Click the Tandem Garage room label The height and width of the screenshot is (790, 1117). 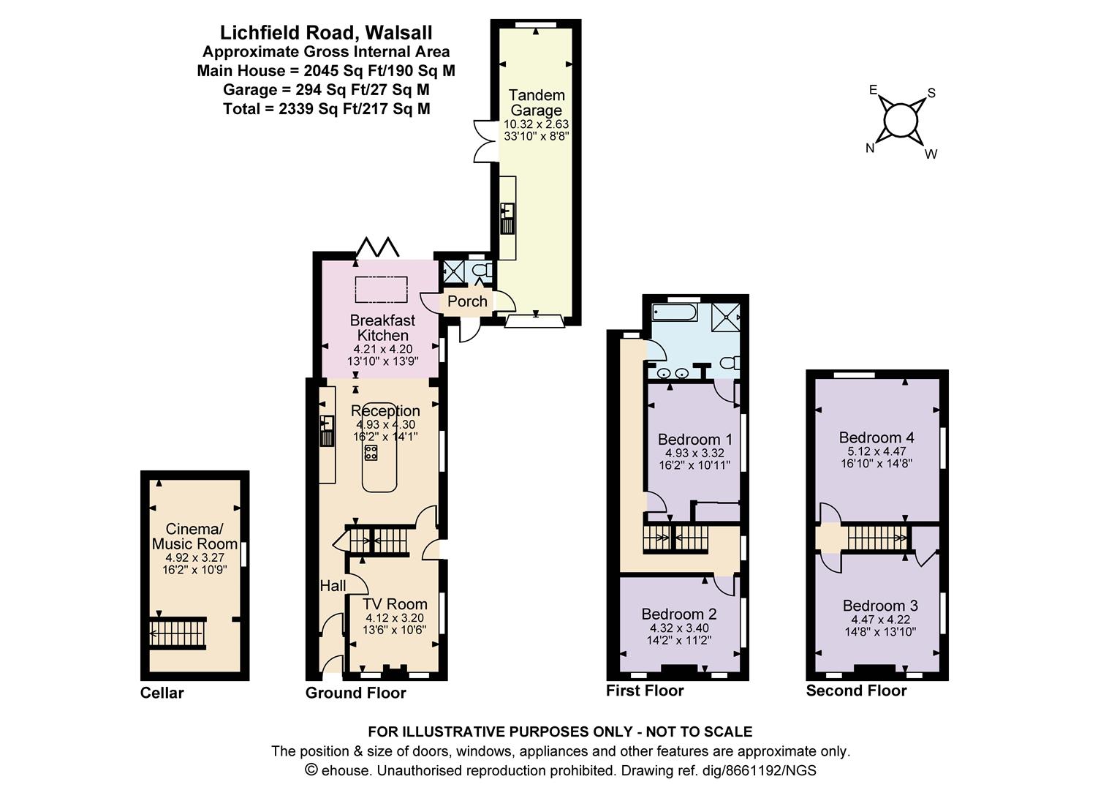[x=536, y=102]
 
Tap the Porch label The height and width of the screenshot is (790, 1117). [x=467, y=301]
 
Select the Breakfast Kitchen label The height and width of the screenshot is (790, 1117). [x=382, y=328]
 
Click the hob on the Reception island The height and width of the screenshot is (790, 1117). [x=371, y=453]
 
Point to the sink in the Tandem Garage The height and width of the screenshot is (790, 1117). [x=507, y=219]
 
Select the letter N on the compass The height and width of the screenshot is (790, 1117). [x=870, y=148]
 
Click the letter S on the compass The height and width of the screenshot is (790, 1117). [x=931, y=94]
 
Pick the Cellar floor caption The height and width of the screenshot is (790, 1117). [x=162, y=693]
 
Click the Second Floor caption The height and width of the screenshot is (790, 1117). [x=856, y=691]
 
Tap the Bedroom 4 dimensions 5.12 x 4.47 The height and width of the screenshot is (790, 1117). [x=876, y=451]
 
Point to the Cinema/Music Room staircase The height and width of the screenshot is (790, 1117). [x=178, y=633]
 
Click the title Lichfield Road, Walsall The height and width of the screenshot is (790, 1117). [x=326, y=32]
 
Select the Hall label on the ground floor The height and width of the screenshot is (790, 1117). [x=333, y=585]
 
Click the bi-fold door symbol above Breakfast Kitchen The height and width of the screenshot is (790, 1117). [x=377, y=247]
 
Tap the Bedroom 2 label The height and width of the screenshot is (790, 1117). [x=679, y=614]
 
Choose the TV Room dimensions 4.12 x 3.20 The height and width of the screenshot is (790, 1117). [x=395, y=618]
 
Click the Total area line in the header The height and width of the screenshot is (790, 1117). [x=327, y=109]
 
